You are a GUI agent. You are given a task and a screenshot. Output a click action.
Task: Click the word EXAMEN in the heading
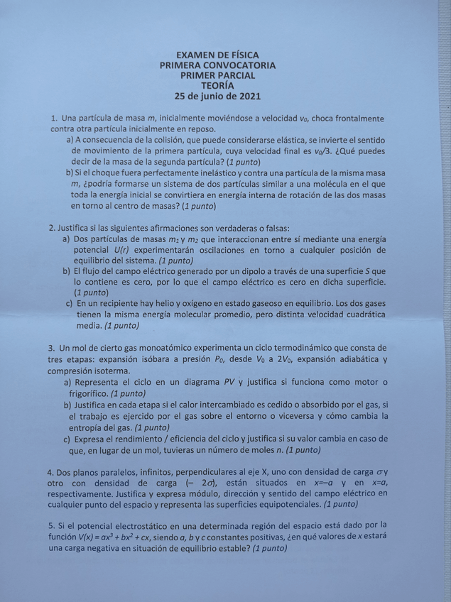coord(194,55)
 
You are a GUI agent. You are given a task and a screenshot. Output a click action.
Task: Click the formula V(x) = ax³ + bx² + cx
coord(126,538)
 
